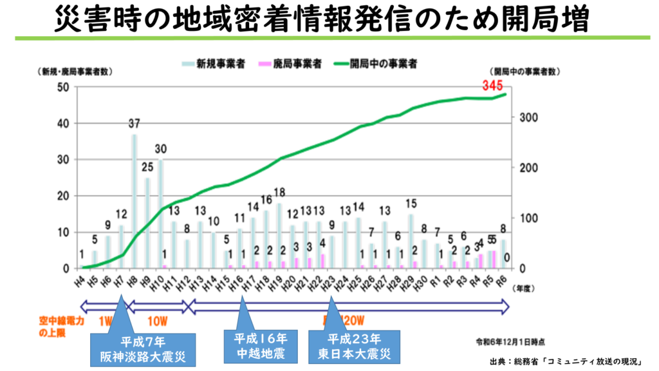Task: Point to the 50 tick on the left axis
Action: tap(63, 88)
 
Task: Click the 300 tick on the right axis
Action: tap(522, 118)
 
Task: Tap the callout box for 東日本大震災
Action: tap(355, 346)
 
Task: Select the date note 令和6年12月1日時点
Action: tap(510, 339)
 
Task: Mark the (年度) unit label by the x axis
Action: tap(523, 290)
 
